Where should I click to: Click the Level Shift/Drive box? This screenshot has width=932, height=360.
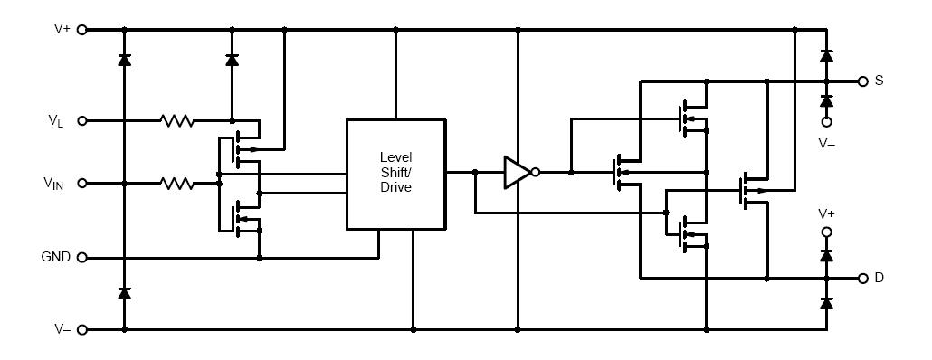click(395, 174)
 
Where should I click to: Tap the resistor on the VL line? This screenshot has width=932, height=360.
click(176, 119)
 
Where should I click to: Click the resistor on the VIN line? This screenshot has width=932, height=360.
click(176, 183)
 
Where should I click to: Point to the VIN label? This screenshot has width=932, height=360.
click(53, 184)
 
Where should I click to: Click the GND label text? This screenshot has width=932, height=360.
click(56, 257)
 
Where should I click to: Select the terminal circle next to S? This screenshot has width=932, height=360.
click(862, 81)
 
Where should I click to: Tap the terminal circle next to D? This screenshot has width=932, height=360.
click(862, 278)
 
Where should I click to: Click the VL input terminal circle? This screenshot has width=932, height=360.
click(82, 119)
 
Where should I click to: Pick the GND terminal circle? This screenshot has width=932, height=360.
click(82, 258)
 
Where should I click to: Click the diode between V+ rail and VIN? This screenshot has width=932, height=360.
click(124, 61)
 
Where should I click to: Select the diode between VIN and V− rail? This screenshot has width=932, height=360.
click(124, 293)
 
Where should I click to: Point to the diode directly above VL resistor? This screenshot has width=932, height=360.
click(232, 61)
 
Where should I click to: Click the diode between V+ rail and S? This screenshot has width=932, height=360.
click(826, 56)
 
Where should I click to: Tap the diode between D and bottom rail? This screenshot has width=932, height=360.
click(826, 303)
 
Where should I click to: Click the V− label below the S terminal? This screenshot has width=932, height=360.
click(827, 143)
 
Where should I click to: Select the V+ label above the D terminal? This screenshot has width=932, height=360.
click(827, 213)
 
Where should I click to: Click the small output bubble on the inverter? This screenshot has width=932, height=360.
click(537, 172)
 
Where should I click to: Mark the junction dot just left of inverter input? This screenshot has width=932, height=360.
click(474, 172)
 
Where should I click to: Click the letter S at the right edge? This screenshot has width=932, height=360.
click(879, 81)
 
